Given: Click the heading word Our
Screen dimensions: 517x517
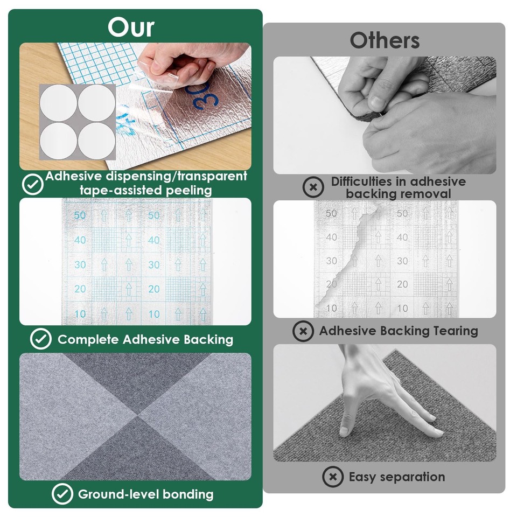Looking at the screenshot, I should pyautogui.click(x=130, y=27).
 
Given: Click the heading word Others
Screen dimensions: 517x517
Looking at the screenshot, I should pyautogui.click(x=384, y=40).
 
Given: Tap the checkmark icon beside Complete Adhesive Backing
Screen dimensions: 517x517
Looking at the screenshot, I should pyautogui.click(x=40, y=339).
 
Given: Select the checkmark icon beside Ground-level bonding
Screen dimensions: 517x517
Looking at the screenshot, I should pyautogui.click(x=62, y=494).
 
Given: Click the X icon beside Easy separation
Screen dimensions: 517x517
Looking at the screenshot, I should pyautogui.click(x=333, y=477).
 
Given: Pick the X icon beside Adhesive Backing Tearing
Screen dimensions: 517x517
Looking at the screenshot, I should pyautogui.click(x=303, y=331).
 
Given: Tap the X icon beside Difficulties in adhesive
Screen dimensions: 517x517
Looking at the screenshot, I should pyautogui.click(x=313, y=187).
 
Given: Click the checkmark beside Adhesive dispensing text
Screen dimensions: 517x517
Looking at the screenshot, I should pyautogui.click(x=32, y=184).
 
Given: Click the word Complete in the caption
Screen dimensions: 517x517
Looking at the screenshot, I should pyautogui.click(x=88, y=339).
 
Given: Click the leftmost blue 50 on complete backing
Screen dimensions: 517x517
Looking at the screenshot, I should pyautogui.click(x=80, y=215).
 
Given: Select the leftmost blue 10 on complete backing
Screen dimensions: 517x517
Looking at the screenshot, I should pyautogui.click(x=80, y=313).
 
